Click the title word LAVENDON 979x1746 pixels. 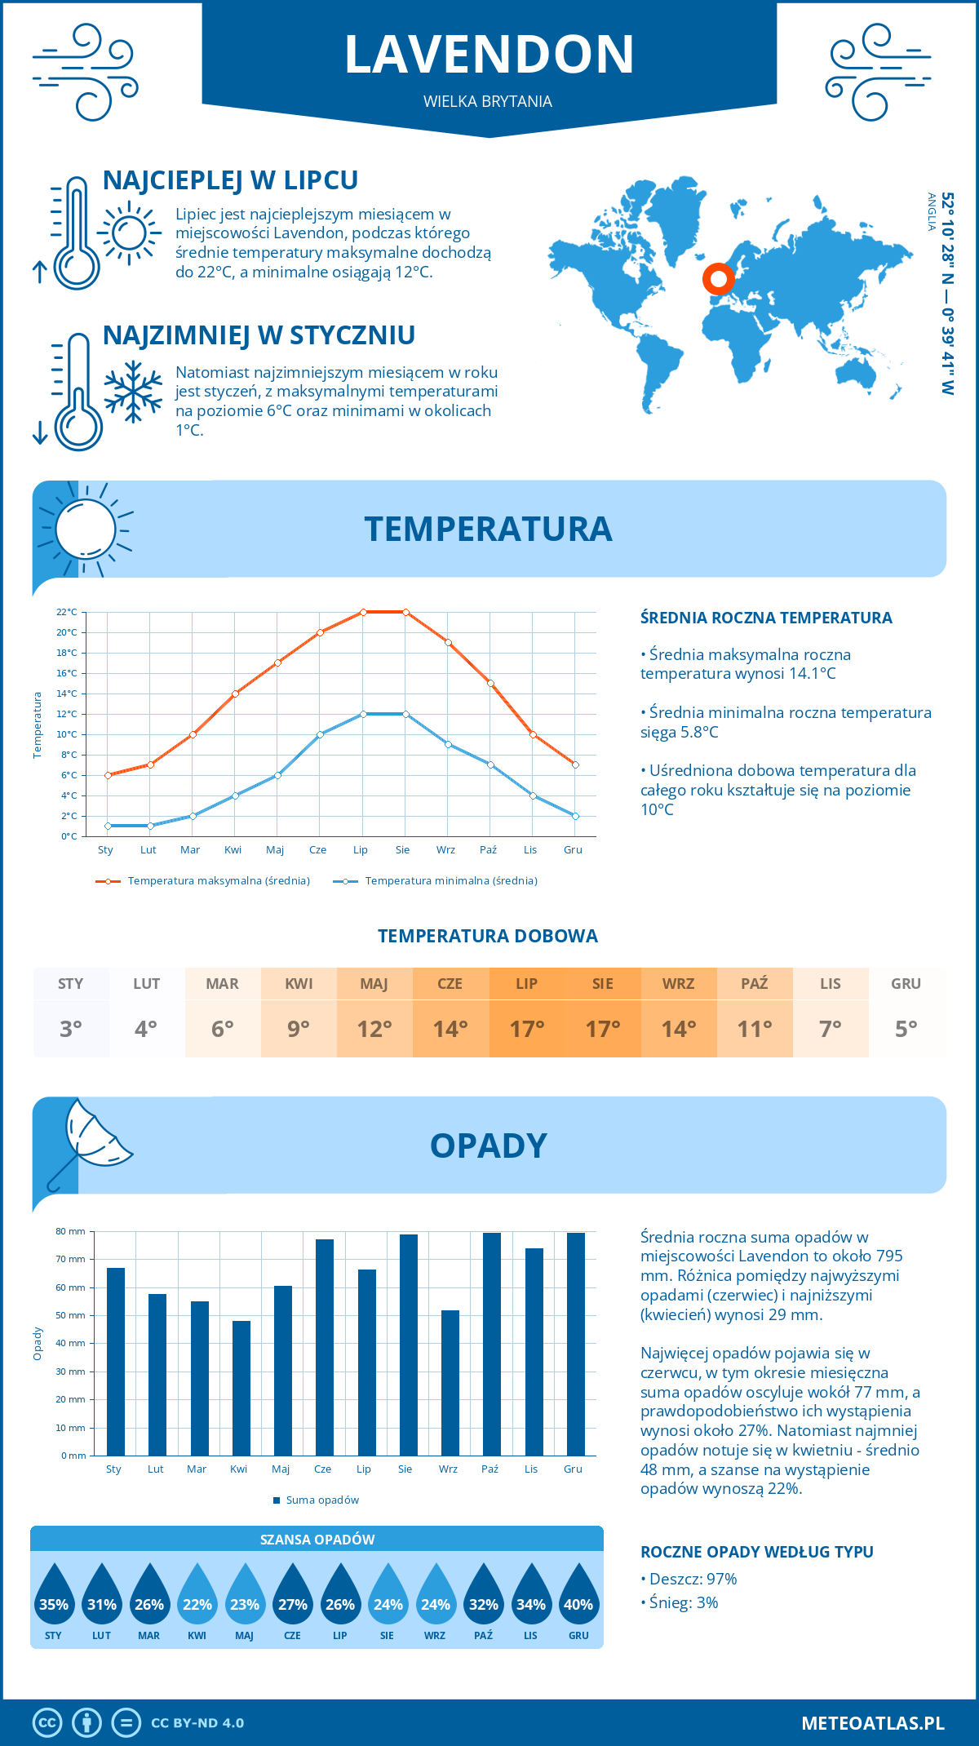(x=489, y=55)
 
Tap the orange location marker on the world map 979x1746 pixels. (x=719, y=279)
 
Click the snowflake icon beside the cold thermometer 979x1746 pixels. (x=133, y=392)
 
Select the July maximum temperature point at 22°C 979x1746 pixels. (x=363, y=612)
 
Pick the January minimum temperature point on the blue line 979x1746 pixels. (x=108, y=826)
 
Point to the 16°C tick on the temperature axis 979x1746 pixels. (x=68, y=673)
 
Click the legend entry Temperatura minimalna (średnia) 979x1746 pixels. (x=450, y=881)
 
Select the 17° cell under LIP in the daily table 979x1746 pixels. (x=526, y=1029)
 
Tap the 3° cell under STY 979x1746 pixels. (x=71, y=1029)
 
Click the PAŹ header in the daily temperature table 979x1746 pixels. (x=754, y=984)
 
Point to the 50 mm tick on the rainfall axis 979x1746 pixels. (x=71, y=1315)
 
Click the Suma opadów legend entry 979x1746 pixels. (x=321, y=1500)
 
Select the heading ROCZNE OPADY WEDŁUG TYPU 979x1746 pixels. (x=756, y=1552)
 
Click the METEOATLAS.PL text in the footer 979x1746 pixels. (x=872, y=1723)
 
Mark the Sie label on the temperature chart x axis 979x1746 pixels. (x=403, y=850)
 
